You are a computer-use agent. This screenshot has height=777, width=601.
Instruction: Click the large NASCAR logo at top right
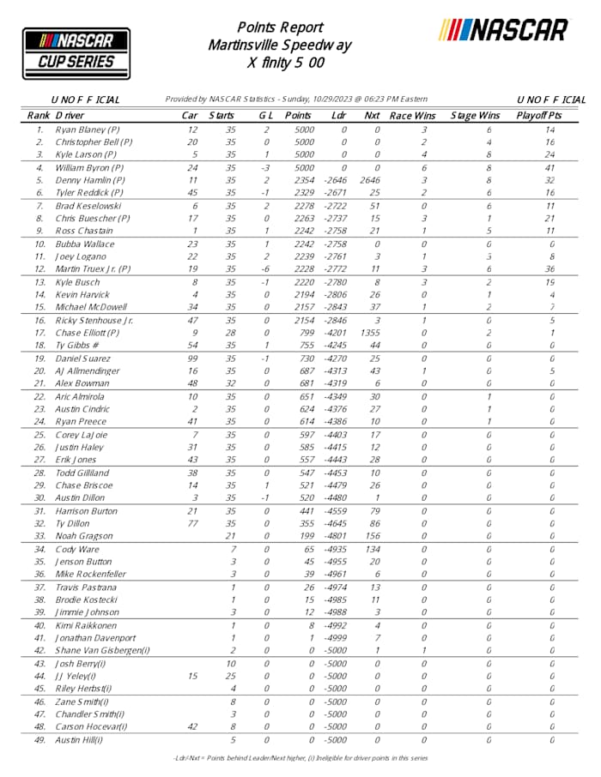504,30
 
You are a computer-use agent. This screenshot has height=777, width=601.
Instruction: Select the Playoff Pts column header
539,115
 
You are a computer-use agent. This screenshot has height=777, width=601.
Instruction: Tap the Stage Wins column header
475,115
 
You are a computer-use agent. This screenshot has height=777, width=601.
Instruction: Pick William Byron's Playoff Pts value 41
549,168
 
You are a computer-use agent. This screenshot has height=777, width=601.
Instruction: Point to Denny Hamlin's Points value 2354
298,180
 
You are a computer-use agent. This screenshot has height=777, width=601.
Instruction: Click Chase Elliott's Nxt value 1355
372,333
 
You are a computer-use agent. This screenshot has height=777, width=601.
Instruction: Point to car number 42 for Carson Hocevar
192,726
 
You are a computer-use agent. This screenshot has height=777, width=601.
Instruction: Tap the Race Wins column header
412,115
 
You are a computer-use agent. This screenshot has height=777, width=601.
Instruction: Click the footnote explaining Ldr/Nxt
300,758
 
